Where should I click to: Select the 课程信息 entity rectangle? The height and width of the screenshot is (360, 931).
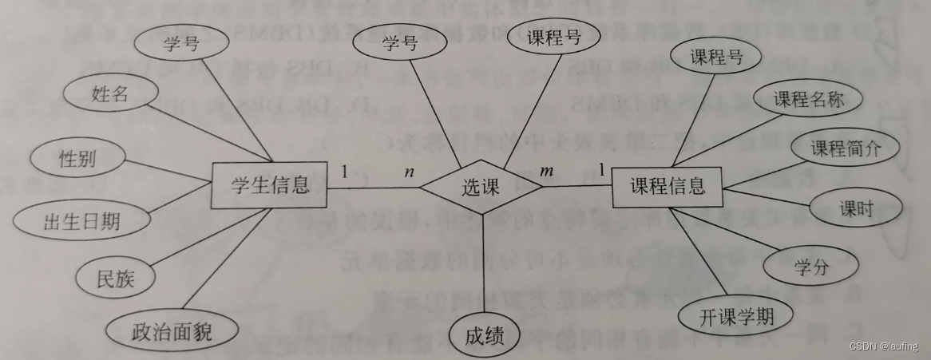click(x=666, y=188)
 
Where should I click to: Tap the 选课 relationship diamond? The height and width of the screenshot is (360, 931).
click(x=481, y=188)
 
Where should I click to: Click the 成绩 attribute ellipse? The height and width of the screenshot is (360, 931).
click(x=484, y=336)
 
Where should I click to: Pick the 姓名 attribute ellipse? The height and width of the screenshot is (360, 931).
click(x=109, y=94)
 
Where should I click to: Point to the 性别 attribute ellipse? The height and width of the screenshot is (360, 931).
click(x=77, y=157)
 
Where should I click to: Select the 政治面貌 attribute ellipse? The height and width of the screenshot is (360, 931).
click(x=172, y=330)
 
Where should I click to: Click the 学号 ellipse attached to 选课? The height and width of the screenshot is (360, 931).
click(x=398, y=44)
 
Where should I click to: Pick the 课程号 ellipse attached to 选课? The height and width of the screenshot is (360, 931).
click(x=553, y=39)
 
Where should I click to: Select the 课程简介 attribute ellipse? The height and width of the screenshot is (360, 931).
click(x=845, y=148)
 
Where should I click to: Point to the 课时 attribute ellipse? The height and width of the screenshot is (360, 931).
click(x=855, y=209)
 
